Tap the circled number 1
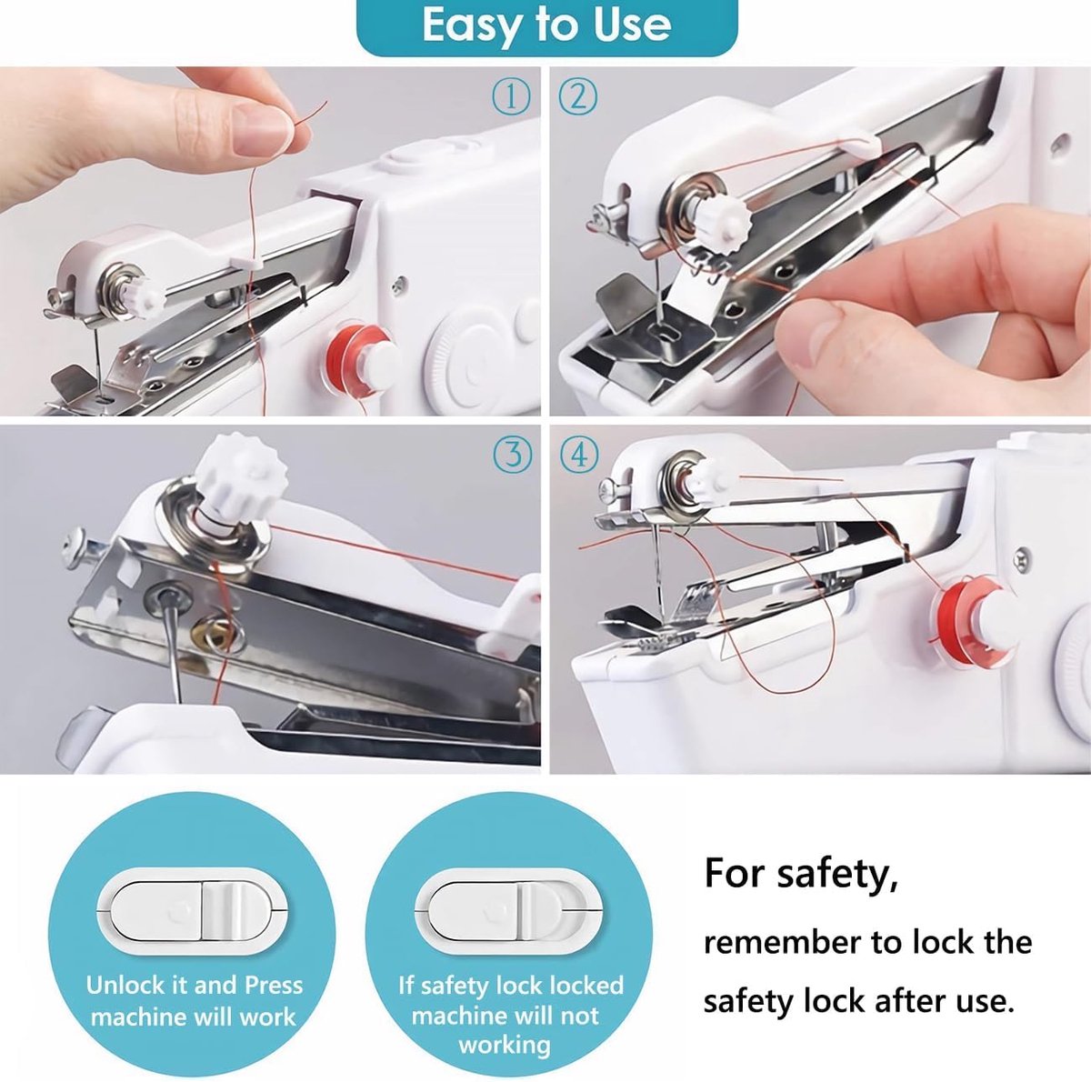tap(511, 97)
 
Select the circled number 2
tap(577, 97)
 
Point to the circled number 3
tap(513, 455)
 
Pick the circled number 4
tap(579, 455)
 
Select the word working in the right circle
tap(505, 1044)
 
